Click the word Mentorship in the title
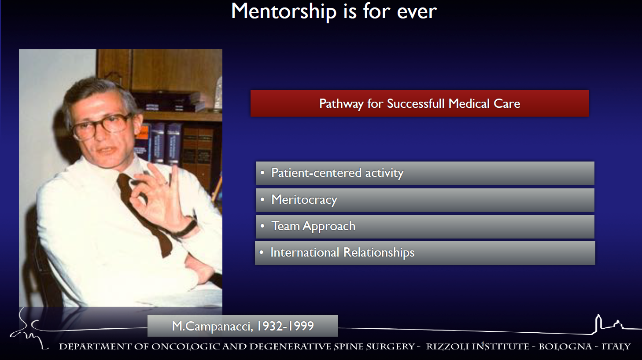(284, 12)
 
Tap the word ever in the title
(417, 12)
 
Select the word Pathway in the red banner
(341, 104)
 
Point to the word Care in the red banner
(507, 103)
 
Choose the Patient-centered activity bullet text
(337, 173)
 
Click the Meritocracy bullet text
(304, 200)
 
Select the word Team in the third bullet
(285, 226)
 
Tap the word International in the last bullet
(305, 252)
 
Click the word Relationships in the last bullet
(379, 253)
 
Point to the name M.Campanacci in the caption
(212, 326)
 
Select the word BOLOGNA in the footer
(565, 346)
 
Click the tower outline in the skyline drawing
(598, 323)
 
